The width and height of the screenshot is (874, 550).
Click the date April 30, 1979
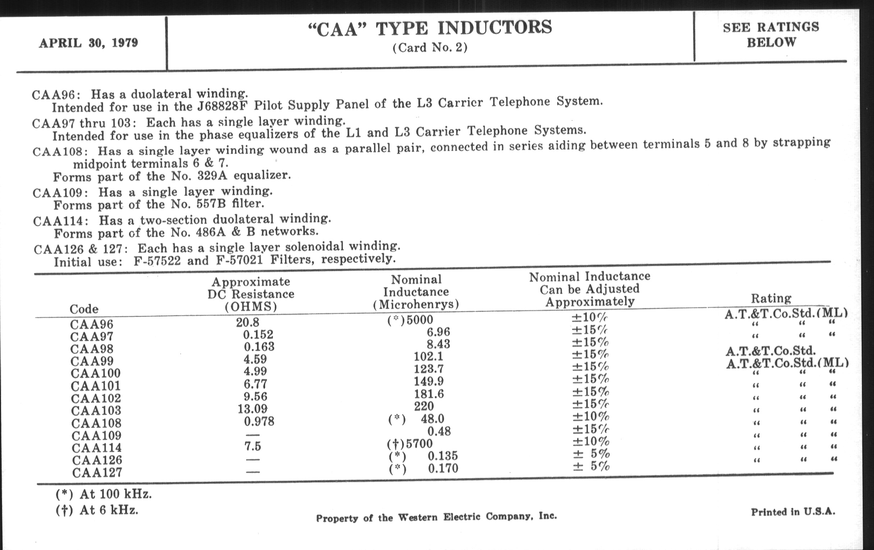coord(88,43)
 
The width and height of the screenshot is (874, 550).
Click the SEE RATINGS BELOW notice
coord(771,35)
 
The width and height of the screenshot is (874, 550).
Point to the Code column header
coord(84,309)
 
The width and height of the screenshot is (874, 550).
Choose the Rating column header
coord(771,298)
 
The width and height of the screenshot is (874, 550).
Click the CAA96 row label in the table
coord(92,324)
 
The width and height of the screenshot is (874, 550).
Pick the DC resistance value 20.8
coord(248,322)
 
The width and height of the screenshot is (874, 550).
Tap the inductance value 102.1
coord(428,357)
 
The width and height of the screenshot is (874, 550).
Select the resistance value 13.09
coord(253,409)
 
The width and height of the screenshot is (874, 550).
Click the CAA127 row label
coord(97,473)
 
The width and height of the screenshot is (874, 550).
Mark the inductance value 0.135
coord(443,455)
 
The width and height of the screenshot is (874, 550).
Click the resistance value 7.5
coord(253,446)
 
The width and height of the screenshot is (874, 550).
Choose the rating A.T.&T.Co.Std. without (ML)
coord(771,351)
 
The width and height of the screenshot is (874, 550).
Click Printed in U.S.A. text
coord(793,512)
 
